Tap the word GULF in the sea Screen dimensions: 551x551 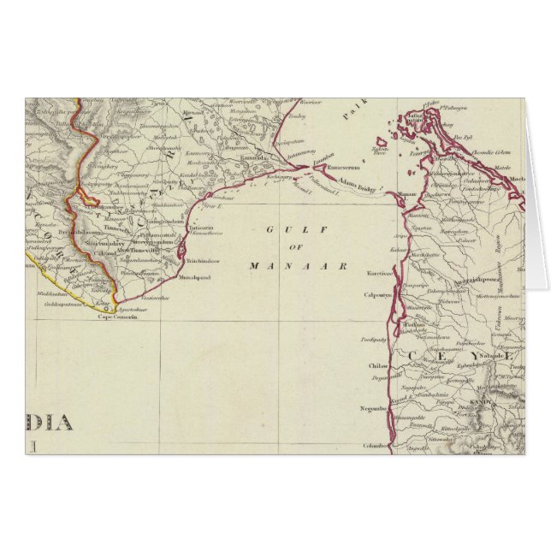[x=280, y=229]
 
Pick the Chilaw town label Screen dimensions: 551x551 [x=378, y=365]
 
